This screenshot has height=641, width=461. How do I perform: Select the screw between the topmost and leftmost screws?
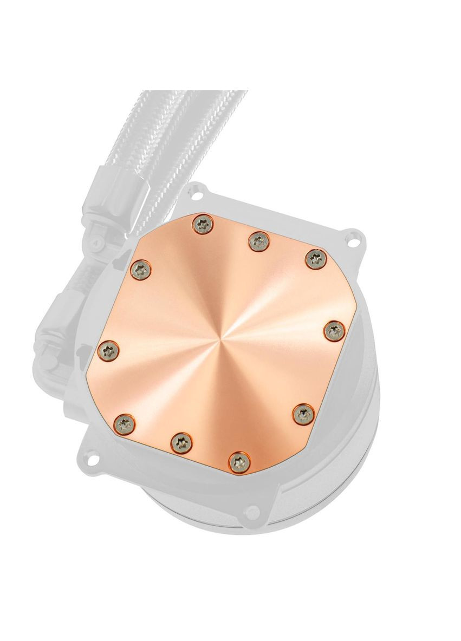[x=143, y=267]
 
